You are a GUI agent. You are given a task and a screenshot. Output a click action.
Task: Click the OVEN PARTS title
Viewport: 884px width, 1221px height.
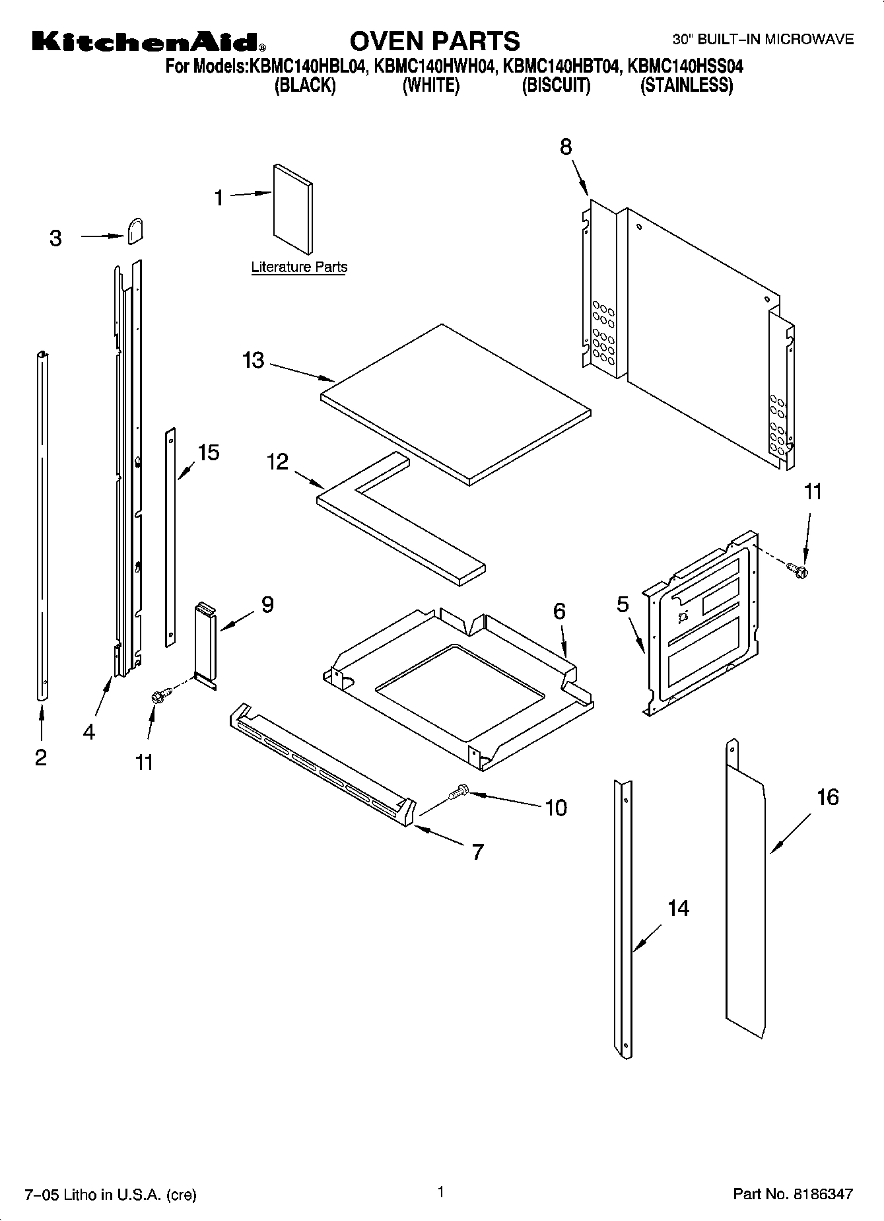tap(434, 41)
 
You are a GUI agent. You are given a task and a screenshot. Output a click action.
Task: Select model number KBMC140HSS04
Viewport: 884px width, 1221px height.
tap(685, 66)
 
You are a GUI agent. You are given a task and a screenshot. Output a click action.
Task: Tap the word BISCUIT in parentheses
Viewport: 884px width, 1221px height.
tap(556, 85)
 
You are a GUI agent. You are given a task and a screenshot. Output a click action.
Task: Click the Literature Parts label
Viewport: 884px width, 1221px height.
tap(299, 267)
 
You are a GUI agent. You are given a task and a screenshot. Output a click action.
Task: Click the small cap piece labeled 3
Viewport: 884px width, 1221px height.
tap(135, 231)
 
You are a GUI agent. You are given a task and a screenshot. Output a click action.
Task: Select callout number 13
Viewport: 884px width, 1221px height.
tap(253, 361)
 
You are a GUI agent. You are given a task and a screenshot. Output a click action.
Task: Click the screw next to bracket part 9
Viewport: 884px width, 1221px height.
tap(160, 694)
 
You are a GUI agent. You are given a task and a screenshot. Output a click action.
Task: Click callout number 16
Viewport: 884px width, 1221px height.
tap(827, 797)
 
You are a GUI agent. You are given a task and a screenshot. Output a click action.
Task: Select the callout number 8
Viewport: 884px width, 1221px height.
tap(566, 147)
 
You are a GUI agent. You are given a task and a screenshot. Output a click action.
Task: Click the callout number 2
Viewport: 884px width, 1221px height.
tap(41, 757)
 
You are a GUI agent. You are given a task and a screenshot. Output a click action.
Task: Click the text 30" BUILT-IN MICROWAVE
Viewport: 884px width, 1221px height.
tap(763, 40)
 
